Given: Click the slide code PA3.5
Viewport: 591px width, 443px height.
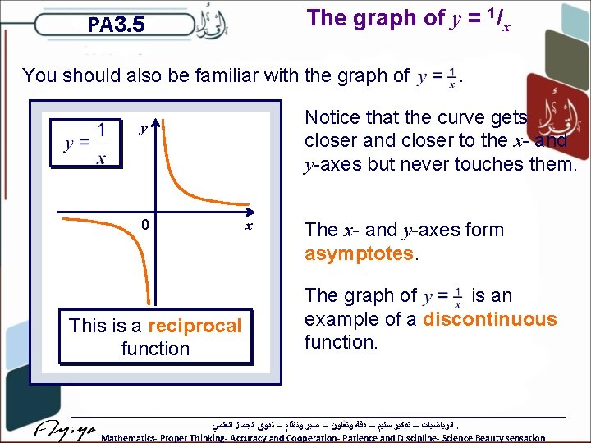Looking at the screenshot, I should pos(116,25).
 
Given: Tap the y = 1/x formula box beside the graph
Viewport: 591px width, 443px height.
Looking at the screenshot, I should pos(85,143).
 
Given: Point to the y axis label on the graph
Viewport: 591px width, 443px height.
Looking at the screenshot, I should pos(143,128).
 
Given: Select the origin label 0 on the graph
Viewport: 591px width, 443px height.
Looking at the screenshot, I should pos(144,225).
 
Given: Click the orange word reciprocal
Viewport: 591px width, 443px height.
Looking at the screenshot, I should pos(195,326).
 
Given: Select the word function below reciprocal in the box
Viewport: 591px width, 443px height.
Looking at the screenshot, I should pos(155,349).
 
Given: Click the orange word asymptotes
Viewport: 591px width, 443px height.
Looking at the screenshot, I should pos(358,253).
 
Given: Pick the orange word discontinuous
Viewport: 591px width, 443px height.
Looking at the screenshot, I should pos(489,319).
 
